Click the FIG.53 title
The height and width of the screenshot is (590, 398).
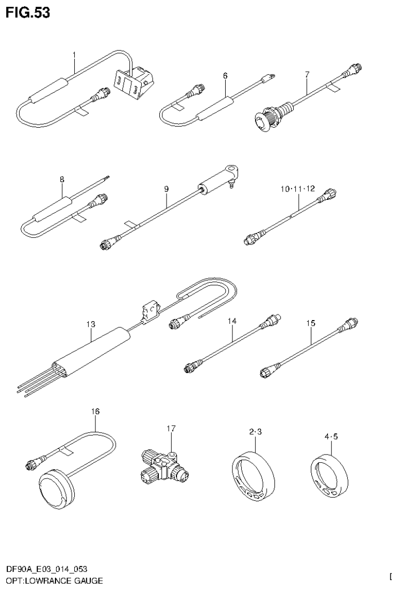(28, 13)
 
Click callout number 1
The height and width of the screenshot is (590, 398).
(74, 54)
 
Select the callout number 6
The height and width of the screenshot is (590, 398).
(225, 76)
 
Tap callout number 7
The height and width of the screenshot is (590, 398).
(307, 75)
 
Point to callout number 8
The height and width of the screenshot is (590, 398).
(62, 180)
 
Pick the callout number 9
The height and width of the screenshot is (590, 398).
(167, 189)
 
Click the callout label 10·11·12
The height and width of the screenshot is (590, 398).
(297, 189)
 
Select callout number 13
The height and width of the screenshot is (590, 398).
(91, 324)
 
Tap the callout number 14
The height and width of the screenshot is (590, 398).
(232, 322)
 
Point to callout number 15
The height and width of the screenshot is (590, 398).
(310, 323)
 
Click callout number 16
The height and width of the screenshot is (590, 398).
(95, 411)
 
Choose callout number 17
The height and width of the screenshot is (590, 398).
(171, 428)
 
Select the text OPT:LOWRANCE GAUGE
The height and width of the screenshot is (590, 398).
(54, 580)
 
